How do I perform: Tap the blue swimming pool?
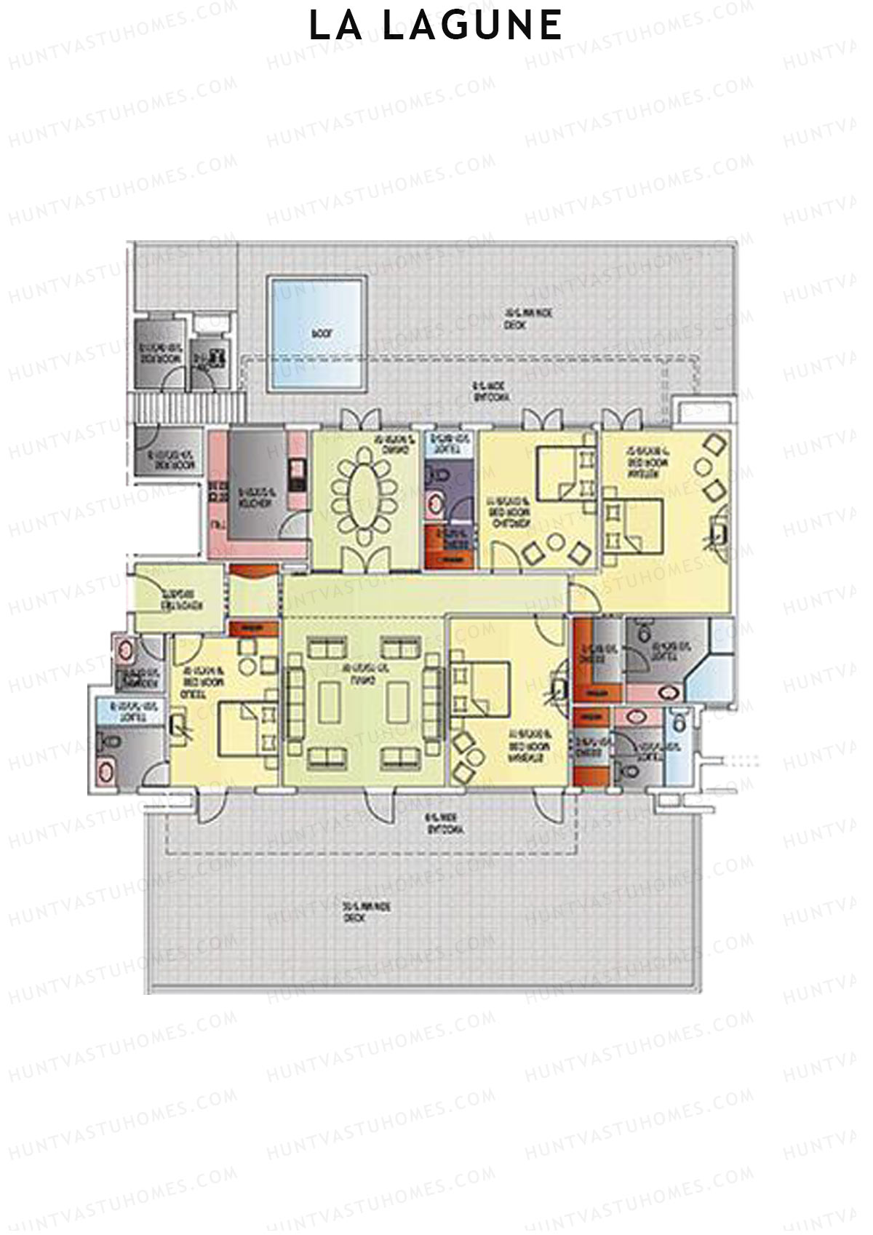(317, 333)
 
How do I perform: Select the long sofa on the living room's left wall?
(295, 703)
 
